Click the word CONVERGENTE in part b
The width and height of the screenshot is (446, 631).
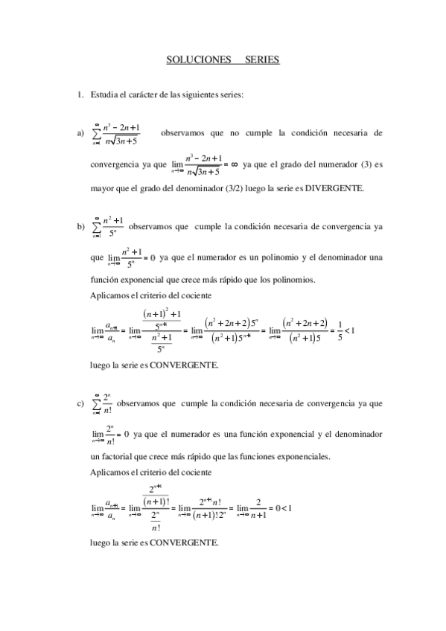182,365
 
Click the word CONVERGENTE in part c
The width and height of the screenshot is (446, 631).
182,543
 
